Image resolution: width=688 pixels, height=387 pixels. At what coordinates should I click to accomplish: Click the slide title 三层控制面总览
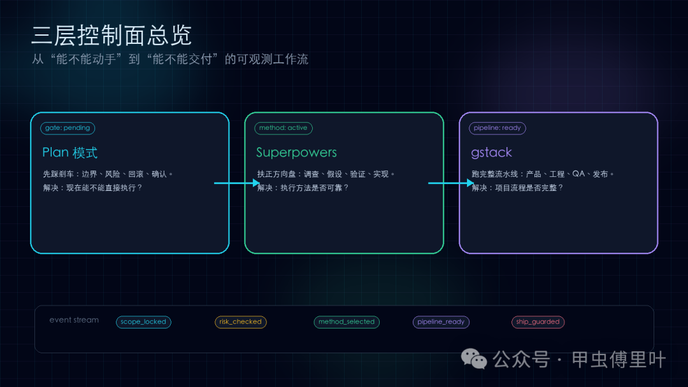(x=111, y=36)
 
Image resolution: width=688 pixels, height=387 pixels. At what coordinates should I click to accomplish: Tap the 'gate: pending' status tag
(x=68, y=128)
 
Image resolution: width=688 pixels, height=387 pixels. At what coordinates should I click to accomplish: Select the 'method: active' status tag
(x=283, y=128)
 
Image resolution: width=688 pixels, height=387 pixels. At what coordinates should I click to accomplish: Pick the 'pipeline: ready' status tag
(x=497, y=128)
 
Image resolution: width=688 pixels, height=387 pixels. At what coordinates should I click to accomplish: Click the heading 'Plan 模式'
(x=70, y=153)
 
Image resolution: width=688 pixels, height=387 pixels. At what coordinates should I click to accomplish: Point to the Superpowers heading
(x=297, y=153)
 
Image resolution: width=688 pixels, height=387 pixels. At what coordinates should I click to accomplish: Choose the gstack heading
(x=491, y=153)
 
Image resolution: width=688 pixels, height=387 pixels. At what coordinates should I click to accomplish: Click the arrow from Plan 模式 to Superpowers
(x=237, y=183)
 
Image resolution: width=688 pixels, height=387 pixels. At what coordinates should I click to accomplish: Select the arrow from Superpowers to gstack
(x=451, y=183)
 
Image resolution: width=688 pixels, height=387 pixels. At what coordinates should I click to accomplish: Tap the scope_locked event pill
(x=143, y=321)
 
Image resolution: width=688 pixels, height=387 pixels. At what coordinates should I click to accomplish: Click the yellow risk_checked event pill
(x=240, y=321)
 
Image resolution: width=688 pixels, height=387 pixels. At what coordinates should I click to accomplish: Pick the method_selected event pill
(x=347, y=321)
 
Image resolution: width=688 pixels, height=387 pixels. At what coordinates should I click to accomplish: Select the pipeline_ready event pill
(x=441, y=321)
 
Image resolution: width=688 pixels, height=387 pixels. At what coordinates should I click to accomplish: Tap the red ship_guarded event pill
(x=538, y=321)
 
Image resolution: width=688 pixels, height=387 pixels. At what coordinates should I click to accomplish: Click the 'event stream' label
(x=74, y=320)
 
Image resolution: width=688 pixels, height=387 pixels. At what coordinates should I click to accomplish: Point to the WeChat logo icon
(x=474, y=359)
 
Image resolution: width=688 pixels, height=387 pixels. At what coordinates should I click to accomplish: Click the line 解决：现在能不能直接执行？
(x=92, y=188)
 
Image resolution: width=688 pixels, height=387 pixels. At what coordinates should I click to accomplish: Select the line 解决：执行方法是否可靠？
(x=303, y=188)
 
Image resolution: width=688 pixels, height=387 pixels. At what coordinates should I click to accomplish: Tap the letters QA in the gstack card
(x=578, y=174)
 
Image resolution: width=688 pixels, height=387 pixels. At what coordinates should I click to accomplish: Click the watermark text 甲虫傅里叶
(x=619, y=360)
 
